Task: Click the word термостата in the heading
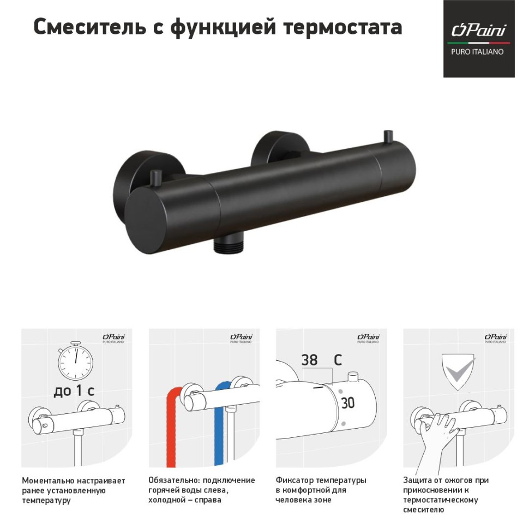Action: pyautogui.click(x=342, y=27)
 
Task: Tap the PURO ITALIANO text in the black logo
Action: pyautogui.click(x=477, y=52)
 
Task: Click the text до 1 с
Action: pyautogui.click(x=74, y=392)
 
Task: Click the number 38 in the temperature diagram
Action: pyautogui.click(x=309, y=360)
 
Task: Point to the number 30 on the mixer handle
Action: pyautogui.click(x=347, y=403)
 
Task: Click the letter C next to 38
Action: pyautogui.click(x=338, y=360)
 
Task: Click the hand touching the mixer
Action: pyautogui.click(x=436, y=436)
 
